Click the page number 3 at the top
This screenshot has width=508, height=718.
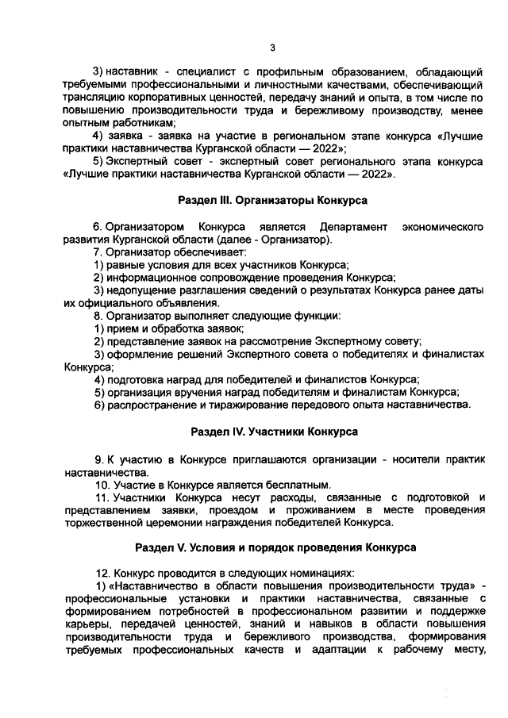pos(271,47)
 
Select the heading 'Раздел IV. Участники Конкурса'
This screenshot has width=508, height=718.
pos(274,432)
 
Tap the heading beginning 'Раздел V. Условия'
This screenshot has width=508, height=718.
pos(274,548)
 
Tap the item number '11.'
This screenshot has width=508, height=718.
pos(102,497)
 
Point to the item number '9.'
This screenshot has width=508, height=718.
pos(99,459)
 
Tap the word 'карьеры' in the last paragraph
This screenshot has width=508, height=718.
pos(84,625)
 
